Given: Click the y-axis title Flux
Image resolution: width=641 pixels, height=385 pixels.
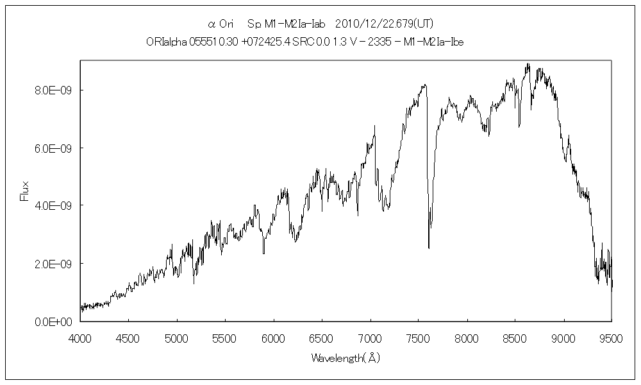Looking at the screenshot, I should point(25,191).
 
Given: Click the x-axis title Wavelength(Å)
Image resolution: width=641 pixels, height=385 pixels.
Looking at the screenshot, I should point(345,357).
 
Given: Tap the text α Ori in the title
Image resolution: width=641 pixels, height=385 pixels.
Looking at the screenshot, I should point(223,24).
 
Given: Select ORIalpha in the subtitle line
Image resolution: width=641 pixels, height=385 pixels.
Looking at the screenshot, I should point(165,42).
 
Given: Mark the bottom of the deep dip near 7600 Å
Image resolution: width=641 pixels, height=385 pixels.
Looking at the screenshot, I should point(429,248).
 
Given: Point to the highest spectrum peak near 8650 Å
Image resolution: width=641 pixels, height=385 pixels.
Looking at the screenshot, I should point(528,64).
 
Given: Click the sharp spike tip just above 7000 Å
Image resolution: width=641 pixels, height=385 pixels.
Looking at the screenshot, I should point(375,126).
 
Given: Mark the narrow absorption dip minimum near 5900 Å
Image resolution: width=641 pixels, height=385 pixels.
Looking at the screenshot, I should point(263,253).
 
